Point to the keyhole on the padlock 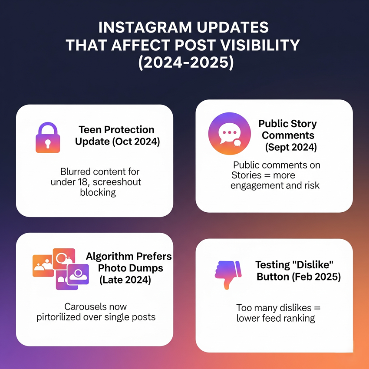click(48, 143)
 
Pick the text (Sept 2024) click(291, 147)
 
